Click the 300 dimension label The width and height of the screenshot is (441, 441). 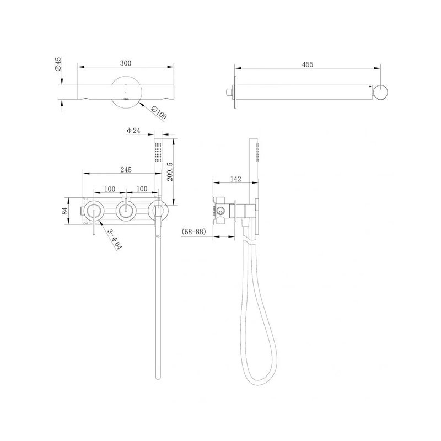click(x=126, y=63)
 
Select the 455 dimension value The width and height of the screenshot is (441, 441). click(x=308, y=64)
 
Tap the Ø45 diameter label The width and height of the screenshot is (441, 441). click(x=58, y=64)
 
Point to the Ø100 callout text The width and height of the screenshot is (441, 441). click(x=159, y=112)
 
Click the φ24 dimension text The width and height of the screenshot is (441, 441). click(x=133, y=131)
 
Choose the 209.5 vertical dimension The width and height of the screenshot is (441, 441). click(x=170, y=171)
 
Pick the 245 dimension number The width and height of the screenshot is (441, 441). click(x=126, y=170)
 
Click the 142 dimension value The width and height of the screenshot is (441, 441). click(x=235, y=179)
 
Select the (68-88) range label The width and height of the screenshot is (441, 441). click(x=194, y=232)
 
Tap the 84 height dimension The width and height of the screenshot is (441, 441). click(x=64, y=211)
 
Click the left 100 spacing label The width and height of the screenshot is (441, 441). click(x=110, y=189)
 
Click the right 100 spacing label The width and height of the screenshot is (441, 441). click(x=142, y=189)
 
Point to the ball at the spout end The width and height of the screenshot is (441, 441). click(x=380, y=92)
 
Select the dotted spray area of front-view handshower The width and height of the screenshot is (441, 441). click(x=158, y=152)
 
